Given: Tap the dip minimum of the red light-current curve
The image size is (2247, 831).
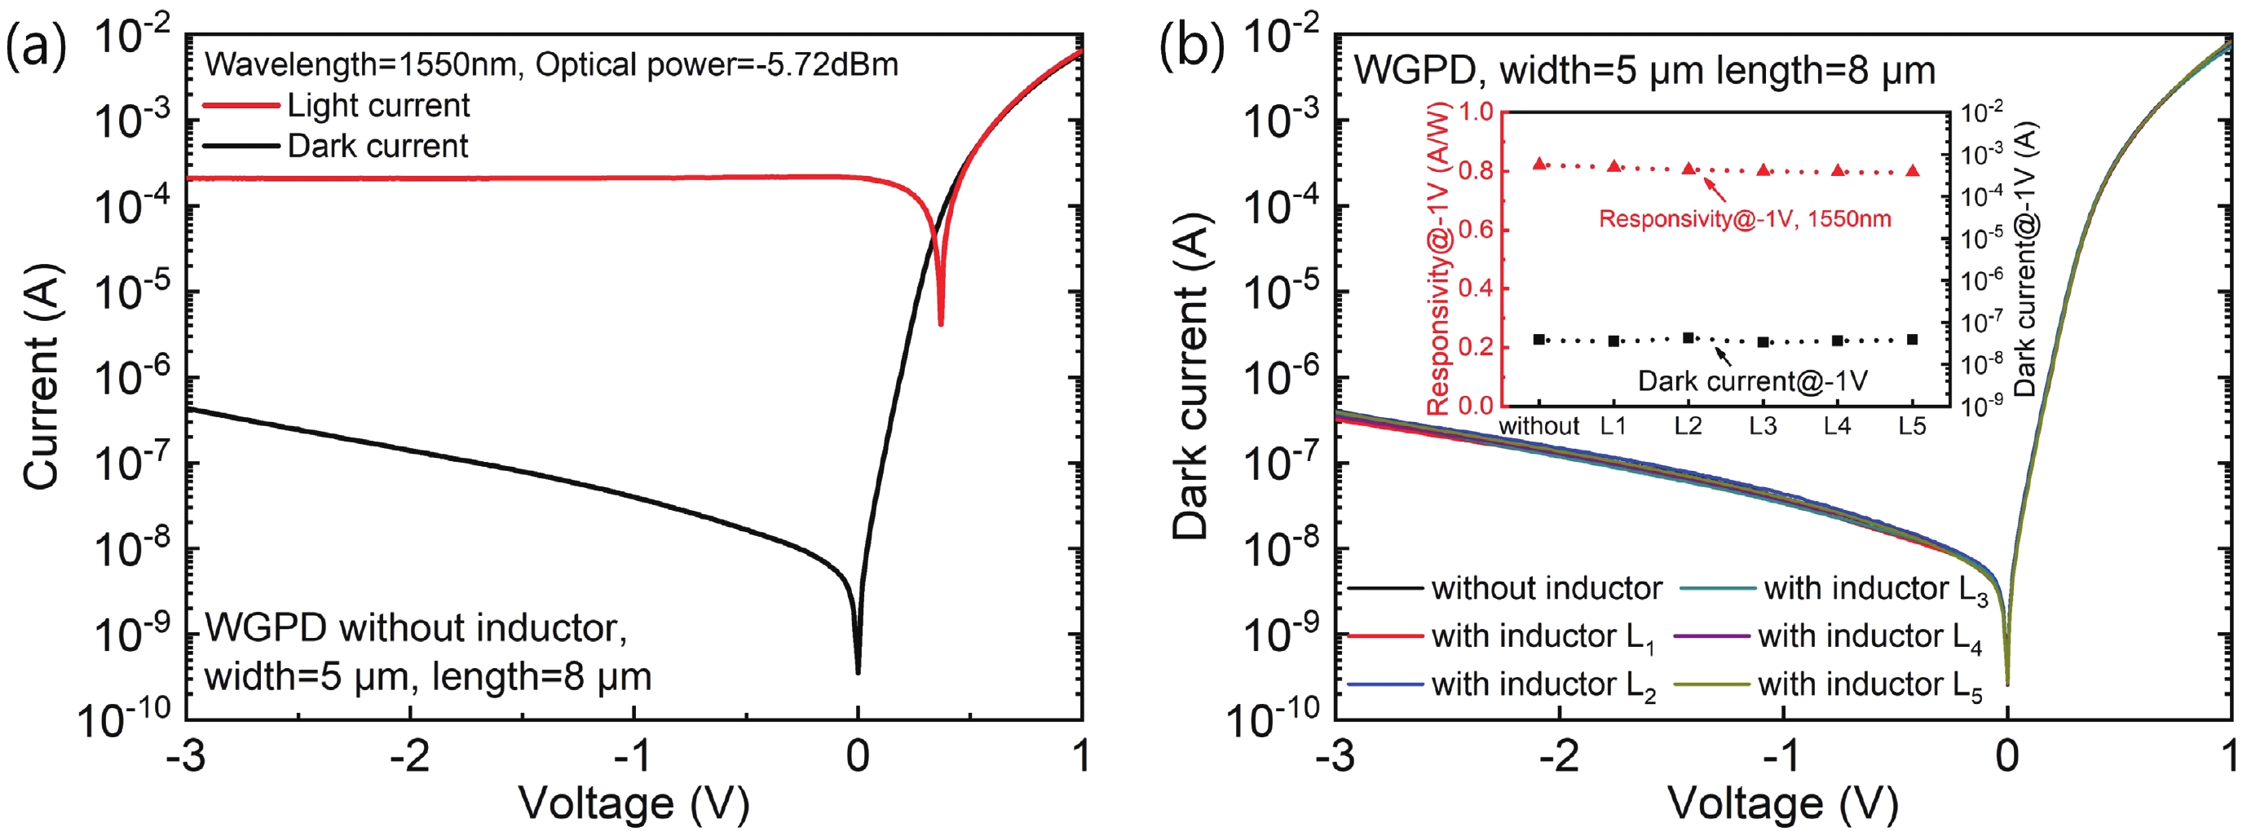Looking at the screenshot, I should [940, 323].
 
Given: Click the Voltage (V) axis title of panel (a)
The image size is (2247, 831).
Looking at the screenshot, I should [633, 802].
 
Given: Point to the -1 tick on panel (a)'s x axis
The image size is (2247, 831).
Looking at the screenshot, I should [633, 755].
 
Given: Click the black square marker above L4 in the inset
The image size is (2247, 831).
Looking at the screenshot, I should [1838, 341].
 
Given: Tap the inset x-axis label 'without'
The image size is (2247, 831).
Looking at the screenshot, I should [1538, 426].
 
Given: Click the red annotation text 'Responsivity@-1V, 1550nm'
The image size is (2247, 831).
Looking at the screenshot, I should [1745, 219].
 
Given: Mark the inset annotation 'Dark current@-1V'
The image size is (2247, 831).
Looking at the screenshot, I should [1752, 381].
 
